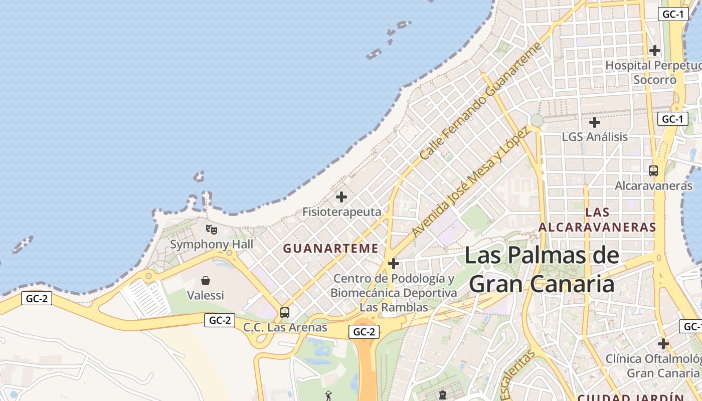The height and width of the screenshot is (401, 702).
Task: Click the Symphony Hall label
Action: (212, 245)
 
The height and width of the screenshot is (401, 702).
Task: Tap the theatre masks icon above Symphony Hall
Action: (212, 230)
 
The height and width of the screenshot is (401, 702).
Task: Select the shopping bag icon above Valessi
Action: (205, 280)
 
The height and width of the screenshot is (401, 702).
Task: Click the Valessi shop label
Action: (205, 295)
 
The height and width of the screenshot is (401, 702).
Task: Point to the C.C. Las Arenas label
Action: (285, 328)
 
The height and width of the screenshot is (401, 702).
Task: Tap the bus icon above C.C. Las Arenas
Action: (285, 313)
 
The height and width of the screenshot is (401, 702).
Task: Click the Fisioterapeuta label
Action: (341, 212)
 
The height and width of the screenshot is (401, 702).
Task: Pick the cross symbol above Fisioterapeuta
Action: (341, 197)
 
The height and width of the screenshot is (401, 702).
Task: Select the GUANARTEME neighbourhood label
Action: (331, 248)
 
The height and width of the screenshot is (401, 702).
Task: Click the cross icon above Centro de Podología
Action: (394, 264)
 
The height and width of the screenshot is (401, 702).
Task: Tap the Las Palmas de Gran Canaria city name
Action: (542, 270)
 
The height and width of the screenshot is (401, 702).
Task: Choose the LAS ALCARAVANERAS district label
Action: (597, 220)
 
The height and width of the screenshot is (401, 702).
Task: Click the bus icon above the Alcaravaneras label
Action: (653, 171)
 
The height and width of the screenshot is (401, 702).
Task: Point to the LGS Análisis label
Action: (595, 137)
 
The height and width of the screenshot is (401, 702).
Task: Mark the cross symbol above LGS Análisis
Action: (595, 122)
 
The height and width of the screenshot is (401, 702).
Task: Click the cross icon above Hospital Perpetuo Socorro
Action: (654, 51)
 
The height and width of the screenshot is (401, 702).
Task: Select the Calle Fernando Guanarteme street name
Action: (481, 102)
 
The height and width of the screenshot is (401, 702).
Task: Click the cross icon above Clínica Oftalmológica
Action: (663, 344)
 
